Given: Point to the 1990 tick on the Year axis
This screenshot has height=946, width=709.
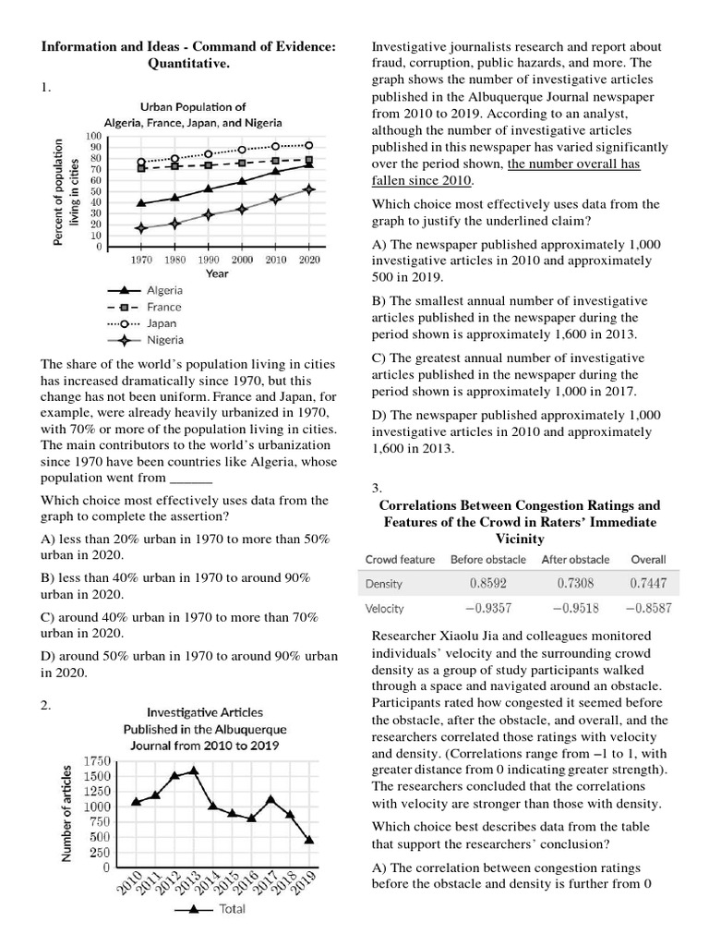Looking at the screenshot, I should point(209,261).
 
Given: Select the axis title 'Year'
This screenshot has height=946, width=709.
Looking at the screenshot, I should point(217,274).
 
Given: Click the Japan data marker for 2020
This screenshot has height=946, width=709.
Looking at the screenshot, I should point(309,145).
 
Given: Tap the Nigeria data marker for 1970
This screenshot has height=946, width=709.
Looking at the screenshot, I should point(141,227).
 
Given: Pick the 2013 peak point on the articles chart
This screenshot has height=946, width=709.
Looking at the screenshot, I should point(194,770).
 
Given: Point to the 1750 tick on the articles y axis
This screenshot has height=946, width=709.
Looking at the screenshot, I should point(96,760).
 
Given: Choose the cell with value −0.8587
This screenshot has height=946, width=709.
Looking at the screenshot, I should point(647,610).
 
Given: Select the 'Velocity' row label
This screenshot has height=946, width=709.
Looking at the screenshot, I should point(385,610).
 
